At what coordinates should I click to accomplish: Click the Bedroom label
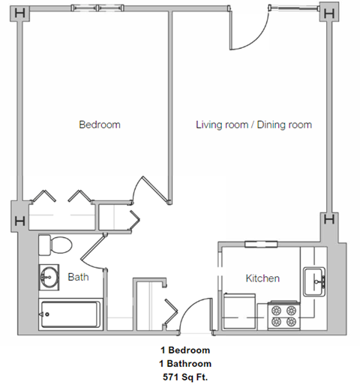pyautogui.click(x=99, y=125)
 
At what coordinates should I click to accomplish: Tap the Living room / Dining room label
pyautogui.click(x=253, y=125)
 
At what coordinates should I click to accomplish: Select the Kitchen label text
pyautogui.click(x=262, y=278)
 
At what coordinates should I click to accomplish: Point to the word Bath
pyautogui.click(x=78, y=277)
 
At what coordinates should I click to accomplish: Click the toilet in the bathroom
pyautogui.click(x=55, y=244)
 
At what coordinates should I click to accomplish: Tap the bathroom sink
pyautogui.click(x=49, y=277)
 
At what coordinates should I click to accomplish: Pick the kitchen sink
pyautogui.click(x=314, y=282)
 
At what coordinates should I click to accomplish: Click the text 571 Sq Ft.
pyautogui.click(x=184, y=376)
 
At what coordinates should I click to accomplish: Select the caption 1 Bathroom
pyautogui.click(x=184, y=363)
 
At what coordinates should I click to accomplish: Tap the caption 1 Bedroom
pyautogui.click(x=184, y=350)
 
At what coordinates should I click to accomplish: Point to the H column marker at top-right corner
pyautogui.click(x=328, y=13)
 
